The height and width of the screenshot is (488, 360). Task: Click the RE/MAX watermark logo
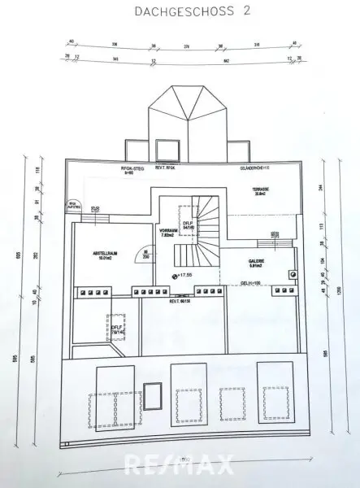(x=180, y=464)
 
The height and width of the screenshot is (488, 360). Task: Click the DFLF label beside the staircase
(x=186, y=224)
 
